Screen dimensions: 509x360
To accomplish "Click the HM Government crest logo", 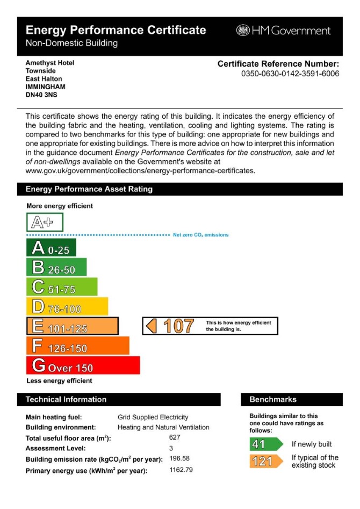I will pyautogui.click(x=243, y=31).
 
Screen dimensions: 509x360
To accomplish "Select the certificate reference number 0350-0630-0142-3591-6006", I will pyautogui.click(x=290, y=74).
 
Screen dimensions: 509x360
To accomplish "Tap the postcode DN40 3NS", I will pyautogui.click(x=41, y=94).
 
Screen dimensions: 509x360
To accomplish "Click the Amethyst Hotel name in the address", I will pyautogui.click(x=50, y=63).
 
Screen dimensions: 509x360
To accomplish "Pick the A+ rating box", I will pyautogui.click(x=45, y=222).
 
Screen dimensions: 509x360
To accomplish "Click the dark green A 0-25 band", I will pyautogui.click(x=51, y=248).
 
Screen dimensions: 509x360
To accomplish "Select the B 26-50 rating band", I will pyautogui.click(x=56, y=268).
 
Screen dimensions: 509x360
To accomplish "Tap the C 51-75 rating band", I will pyautogui.click(x=62, y=287).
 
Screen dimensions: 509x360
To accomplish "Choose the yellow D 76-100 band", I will pyautogui.click(x=67, y=307).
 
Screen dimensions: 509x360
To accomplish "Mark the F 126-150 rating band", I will pyautogui.click(x=78, y=346).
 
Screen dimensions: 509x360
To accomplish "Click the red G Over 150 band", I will pyautogui.click(x=83, y=365).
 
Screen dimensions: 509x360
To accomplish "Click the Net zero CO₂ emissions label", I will pyautogui.click(x=200, y=235).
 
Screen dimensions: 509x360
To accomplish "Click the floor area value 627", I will pyautogui.click(x=175, y=438).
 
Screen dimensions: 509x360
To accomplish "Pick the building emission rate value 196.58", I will pyautogui.click(x=179, y=458).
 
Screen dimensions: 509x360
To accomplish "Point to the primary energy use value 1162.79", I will pyautogui.click(x=181, y=469).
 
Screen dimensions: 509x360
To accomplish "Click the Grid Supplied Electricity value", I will pyautogui.click(x=153, y=417).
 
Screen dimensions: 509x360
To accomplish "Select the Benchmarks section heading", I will pyautogui.click(x=273, y=399).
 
